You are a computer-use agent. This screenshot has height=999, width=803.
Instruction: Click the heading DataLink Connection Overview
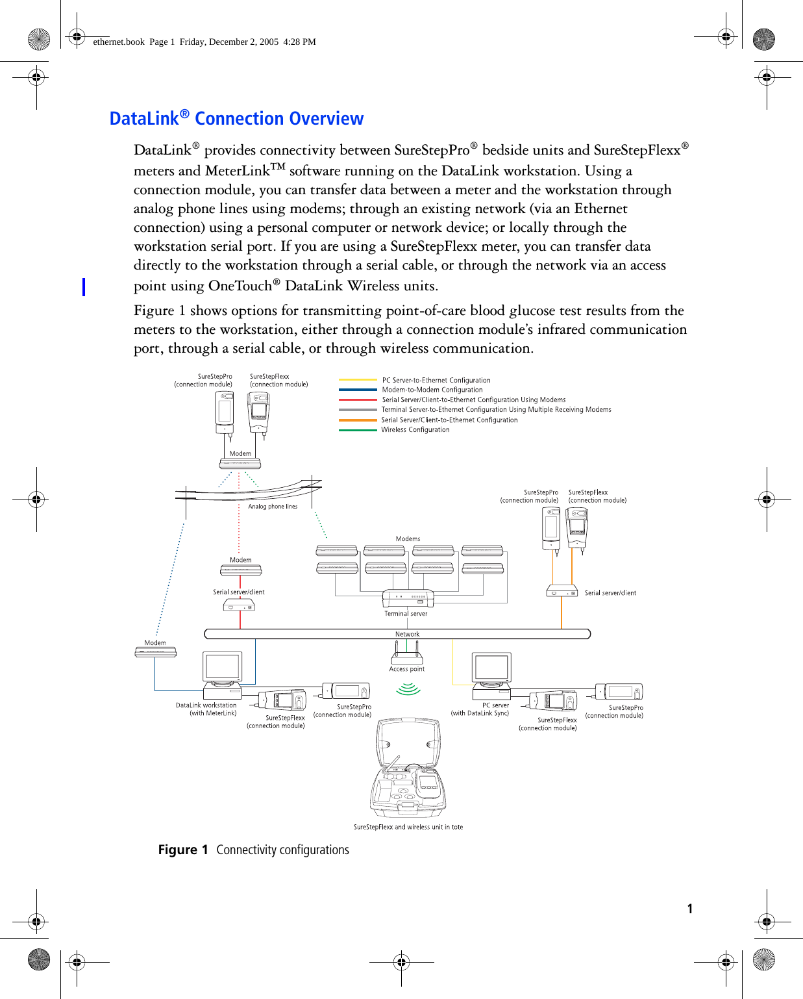(x=236, y=118)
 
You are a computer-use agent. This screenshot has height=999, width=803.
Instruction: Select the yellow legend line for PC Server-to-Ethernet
(x=358, y=380)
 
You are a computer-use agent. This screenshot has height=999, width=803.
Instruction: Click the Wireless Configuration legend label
(x=415, y=430)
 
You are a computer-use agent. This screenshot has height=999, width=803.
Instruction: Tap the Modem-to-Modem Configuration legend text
(x=432, y=390)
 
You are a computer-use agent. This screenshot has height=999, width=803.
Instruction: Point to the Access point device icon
(x=407, y=653)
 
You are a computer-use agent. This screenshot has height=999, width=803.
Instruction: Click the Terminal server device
(x=408, y=598)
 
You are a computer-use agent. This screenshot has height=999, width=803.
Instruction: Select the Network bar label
(x=407, y=634)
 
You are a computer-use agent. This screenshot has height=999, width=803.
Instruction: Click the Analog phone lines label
(x=273, y=507)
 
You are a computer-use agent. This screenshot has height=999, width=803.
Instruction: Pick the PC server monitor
(x=491, y=668)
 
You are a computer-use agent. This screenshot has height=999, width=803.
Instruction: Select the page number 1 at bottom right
(x=690, y=909)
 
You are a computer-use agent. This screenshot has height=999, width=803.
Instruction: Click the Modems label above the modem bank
(x=408, y=538)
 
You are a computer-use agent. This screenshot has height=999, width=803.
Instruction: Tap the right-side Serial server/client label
(x=610, y=593)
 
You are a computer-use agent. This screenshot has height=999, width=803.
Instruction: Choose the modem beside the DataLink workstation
(x=155, y=652)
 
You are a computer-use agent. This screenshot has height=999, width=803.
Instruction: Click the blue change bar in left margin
(x=84, y=286)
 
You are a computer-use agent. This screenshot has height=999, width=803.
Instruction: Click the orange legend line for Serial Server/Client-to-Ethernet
(x=358, y=420)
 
